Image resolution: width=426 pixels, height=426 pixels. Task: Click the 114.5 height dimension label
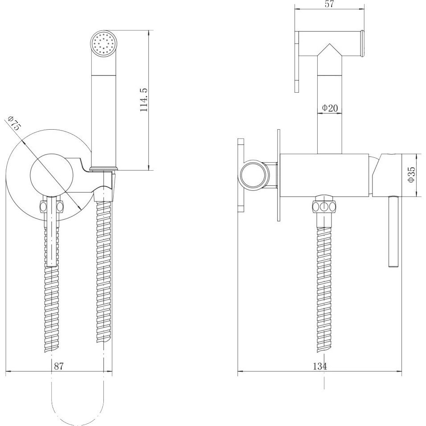[143, 100]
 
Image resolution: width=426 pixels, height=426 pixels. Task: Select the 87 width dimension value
[58, 366]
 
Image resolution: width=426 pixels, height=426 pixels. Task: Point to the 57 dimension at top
[329, 4]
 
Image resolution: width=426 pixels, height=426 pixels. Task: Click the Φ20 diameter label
[330, 108]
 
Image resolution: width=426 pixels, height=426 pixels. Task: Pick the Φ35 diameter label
[412, 175]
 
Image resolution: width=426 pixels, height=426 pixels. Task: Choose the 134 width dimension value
[320, 366]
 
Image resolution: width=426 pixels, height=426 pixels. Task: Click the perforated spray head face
[103, 44]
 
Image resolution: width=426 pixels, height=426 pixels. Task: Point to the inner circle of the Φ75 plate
[52, 175]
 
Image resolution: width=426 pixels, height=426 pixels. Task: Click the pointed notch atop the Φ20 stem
[329, 50]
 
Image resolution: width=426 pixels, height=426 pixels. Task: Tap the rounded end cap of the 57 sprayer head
[362, 44]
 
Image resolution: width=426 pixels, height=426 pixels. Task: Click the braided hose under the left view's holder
[104, 272]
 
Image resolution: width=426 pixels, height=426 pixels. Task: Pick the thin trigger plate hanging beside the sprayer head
[297, 62]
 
